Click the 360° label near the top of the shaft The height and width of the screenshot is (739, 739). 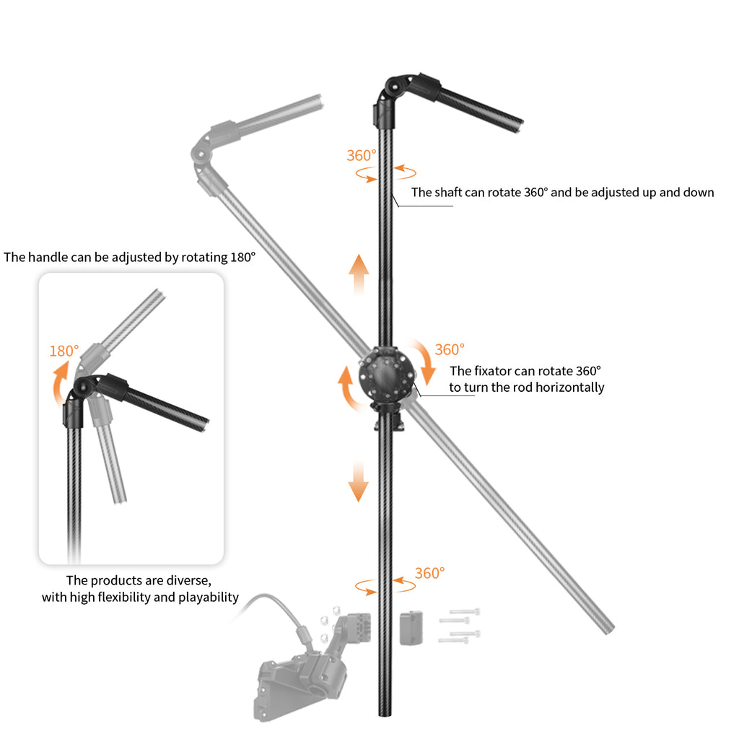[x=362, y=155]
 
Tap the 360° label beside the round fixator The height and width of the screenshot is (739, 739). [x=450, y=349]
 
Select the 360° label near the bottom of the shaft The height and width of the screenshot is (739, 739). [x=429, y=573]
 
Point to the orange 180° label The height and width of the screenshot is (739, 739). [x=64, y=351]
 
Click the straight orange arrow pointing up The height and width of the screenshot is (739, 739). [x=358, y=274]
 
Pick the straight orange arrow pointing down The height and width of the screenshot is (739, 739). [x=358, y=482]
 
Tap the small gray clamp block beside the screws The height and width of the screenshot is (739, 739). [x=410, y=627]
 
